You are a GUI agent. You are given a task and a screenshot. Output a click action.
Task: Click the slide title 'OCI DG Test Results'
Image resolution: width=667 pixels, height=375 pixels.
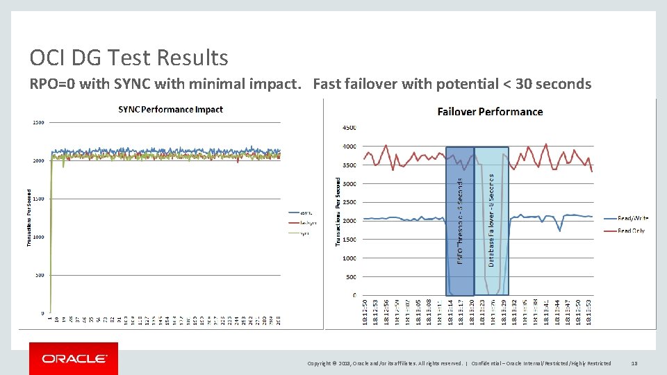click(x=129, y=57)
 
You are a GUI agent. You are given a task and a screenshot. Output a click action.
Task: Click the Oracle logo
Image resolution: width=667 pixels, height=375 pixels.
click(x=74, y=359)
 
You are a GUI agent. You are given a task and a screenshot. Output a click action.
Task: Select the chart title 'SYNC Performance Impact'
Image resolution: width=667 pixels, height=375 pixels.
click(x=170, y=110)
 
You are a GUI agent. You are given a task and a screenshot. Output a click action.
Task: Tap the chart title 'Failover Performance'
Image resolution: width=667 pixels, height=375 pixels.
click(x=490, y=111)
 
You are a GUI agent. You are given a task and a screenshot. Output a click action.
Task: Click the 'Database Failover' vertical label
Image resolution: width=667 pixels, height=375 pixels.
click(x=492, y=219)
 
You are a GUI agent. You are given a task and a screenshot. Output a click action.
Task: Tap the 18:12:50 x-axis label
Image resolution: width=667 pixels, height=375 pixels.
click(x=365, y=311)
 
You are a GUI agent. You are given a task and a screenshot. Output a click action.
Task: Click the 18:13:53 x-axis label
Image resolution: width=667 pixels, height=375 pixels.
click(x=588, y=311)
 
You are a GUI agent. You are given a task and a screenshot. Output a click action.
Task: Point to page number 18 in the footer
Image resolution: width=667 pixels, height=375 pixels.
click(x=634, y=363)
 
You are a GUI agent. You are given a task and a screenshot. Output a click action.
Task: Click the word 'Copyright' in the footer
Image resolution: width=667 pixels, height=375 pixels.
click(x=321, y=363)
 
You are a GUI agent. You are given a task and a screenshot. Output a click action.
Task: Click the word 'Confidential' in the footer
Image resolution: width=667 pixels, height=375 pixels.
click(x=488, y=363)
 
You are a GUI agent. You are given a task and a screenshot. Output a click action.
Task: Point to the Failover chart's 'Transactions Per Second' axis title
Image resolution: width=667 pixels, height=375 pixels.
click(x=339, y=210)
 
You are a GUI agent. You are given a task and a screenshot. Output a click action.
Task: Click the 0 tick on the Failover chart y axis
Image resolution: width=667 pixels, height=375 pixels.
click(x=354, y=296)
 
